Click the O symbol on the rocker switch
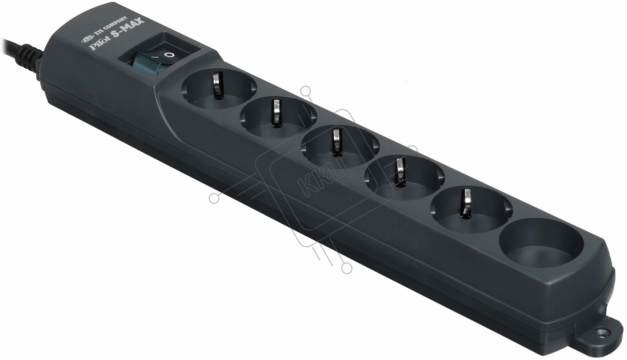pyautogui.click(x=170, y=55)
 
